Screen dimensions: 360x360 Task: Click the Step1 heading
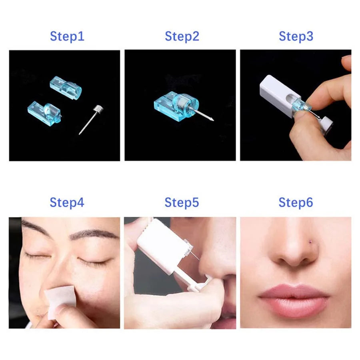coord(67,36)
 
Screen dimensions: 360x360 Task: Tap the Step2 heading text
coord(182,36)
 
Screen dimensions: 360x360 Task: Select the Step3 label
coord(296,36)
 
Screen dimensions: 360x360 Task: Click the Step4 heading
coord(67,202)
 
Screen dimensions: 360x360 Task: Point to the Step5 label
coord(182,202)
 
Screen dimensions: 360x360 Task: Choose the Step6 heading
coord(296,202)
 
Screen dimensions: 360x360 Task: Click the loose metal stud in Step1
coord(90,118)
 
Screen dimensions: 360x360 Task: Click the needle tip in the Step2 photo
coord(212,119)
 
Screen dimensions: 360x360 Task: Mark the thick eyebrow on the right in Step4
coord(96,234)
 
